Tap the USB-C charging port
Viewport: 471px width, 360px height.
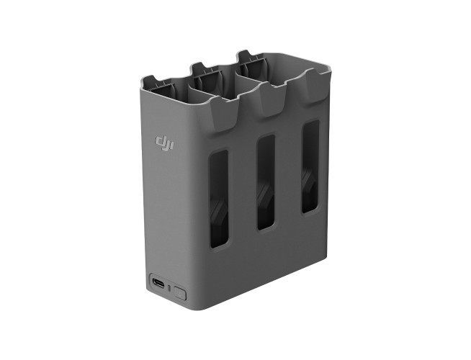coord(158,282)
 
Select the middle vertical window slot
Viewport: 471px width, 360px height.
coord(265,181)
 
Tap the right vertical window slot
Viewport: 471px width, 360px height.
coord(310,166)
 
